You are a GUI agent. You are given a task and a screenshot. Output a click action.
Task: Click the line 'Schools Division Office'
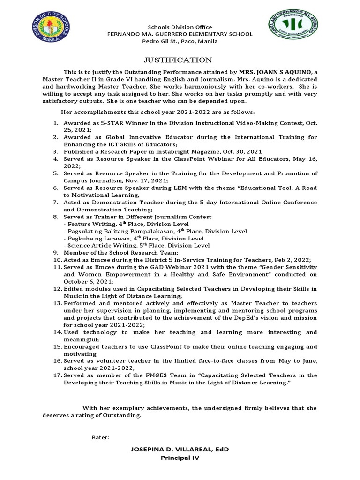pos(180,27)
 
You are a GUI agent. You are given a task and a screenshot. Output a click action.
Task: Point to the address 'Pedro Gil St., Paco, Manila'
pos(180,41)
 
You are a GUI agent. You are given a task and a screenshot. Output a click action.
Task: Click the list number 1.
pos(55,123)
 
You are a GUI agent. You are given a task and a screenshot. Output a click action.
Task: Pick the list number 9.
pos(55,253)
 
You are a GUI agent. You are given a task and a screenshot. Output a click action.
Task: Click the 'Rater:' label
pos(100,437)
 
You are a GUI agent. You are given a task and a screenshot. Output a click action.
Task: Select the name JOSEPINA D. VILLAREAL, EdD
pos(180,450)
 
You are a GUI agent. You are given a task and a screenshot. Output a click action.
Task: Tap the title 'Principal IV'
pos(180,457)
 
